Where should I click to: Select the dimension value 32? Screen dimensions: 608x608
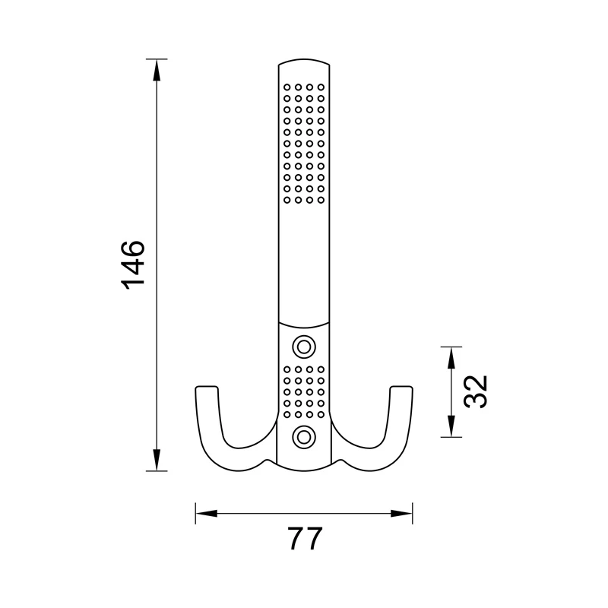475,392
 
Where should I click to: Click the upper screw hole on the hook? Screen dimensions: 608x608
305,347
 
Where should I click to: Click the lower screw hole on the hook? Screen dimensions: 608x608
305,436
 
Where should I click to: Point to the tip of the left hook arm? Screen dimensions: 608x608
205,389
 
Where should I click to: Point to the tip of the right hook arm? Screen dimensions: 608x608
403,389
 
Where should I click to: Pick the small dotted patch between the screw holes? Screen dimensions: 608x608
305,391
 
